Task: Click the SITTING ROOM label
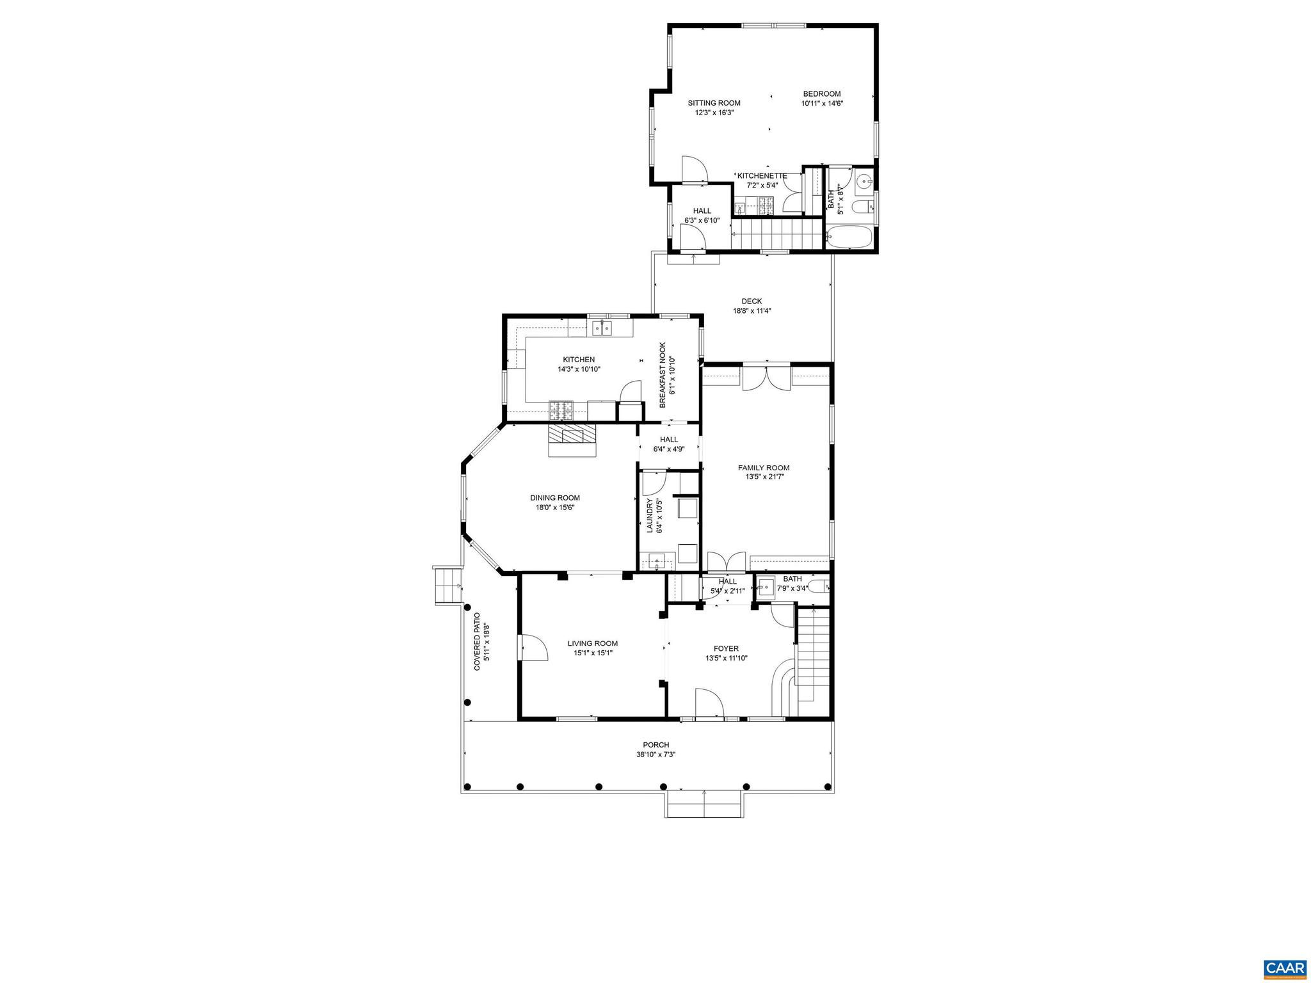(x=714, y=103)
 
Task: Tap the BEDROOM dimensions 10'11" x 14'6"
(x=822, y=103)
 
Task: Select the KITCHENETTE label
(x=762, y=176)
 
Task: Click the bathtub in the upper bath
(x=849, y=238)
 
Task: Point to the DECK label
(x=752, y=301)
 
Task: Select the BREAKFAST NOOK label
(x=663, y=374)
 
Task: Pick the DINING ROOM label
(x=554, y=498)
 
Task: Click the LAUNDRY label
(x=649, y=516)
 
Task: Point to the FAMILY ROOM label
(x=763, y=468)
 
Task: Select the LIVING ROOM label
(x=592, y=644)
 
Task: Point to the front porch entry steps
(x=704, y=803)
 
